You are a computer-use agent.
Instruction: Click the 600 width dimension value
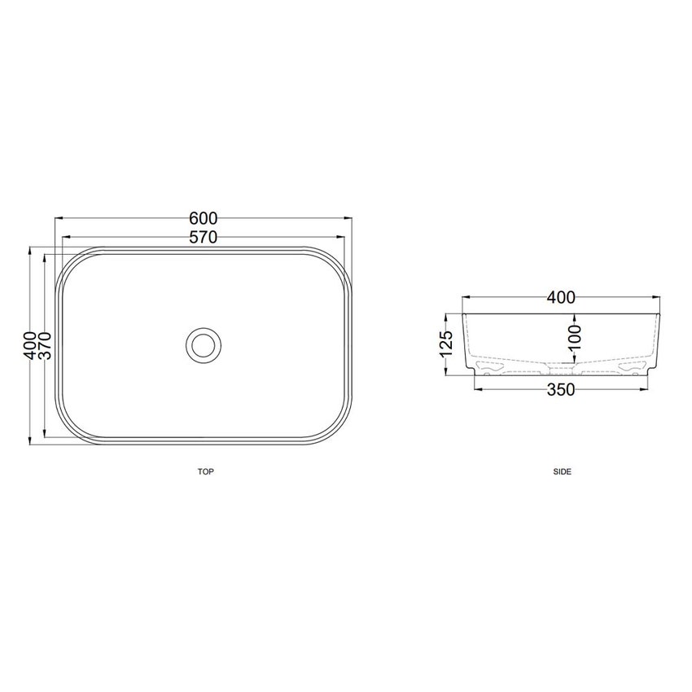pos(204,218)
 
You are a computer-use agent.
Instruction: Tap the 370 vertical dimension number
pos(46,348)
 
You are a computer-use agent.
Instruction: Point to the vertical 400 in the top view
pos(30,348)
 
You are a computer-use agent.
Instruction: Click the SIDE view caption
pos(562,471)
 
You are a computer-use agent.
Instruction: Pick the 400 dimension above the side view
pos(561,298)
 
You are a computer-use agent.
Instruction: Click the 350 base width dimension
pos(561,390)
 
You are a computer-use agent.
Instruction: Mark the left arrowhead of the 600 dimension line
pos(58,218)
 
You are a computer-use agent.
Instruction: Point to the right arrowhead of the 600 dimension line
pos(349,218)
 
